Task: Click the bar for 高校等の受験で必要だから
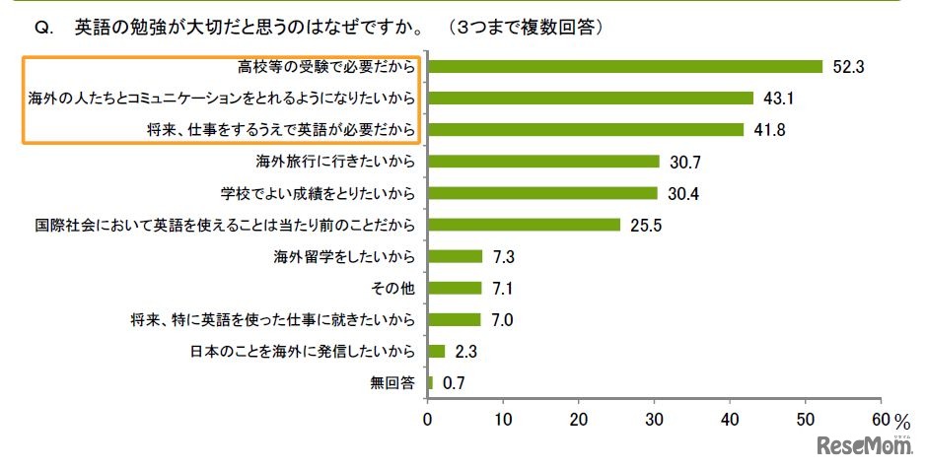pyautogui.click(x=624, y=67)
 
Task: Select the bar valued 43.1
pyautogui.click(x=590, y=99)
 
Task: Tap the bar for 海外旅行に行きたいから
pyautogui.click(x=543, y=162)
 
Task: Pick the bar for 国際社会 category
pyautogui.click(x=524, y=225)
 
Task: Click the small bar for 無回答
pyautogui.click(x=430, y=381)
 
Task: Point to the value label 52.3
pyautogui.click(x=848, y=67)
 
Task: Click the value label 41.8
pyautogui.click(x=769, y=130)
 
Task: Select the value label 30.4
pyautogui.click(x=682, y=193)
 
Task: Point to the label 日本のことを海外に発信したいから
pyautogui.click(x=303, y=351)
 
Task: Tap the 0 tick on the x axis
pyautogui.click(x=427, y=418)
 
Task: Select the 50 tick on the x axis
pyautogui.click(x=806, y=418)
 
